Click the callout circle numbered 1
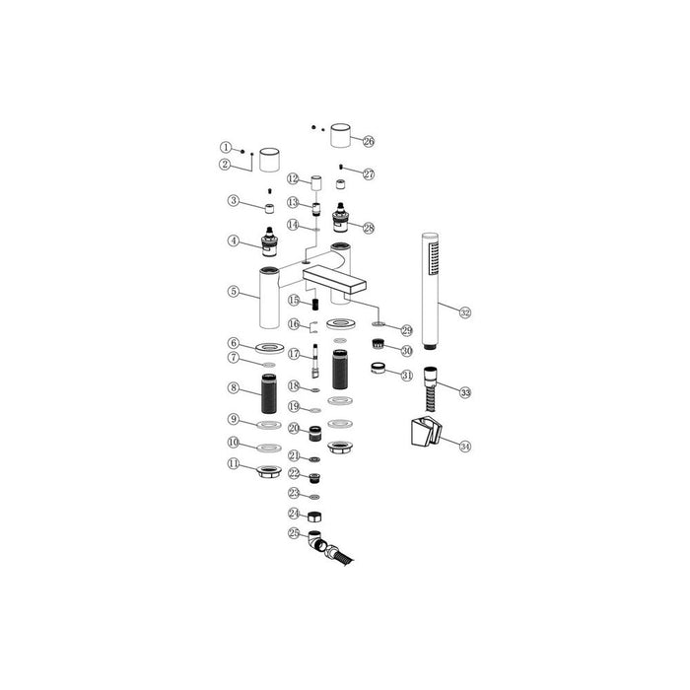click(x=225, y=148)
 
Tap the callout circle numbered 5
click(x=233, y=291)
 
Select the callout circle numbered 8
click(x=233, y=388)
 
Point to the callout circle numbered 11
click(x=233, y=462)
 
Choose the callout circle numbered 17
click(x=294, y=352)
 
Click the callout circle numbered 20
click(x=294, y=428)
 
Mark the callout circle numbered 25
click(x=293, y=533)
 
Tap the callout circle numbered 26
click(x=369, y=142)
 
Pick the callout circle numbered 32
click(x=465, y=312)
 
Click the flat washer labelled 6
click(x=268, y=348)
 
